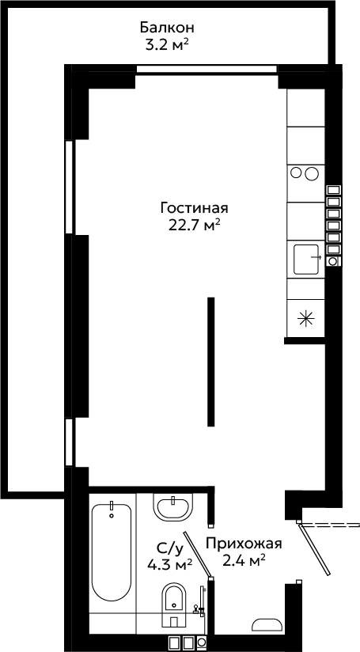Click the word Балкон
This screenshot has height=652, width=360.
click(167, 28)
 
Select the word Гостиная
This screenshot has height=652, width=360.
click(195, 208)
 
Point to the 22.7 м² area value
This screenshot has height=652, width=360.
click(195, 226)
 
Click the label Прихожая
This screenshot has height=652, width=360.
click(244, 544)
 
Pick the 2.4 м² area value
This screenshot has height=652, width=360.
click(244, 561)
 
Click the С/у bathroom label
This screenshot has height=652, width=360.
click(169, 549)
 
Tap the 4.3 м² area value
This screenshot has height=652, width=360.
click(169, 564)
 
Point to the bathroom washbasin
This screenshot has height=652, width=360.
click(174, 506)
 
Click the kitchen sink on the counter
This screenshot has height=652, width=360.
click(307, 260)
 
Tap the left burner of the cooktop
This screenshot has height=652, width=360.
click(296, 172)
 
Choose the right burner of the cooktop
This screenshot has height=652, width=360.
click(312, 173)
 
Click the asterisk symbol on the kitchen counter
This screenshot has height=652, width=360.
click(305, 320)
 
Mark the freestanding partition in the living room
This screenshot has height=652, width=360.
click(211, 362)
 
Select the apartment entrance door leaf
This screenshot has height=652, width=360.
click(314, 549)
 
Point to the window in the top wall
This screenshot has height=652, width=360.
click(207, 70)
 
